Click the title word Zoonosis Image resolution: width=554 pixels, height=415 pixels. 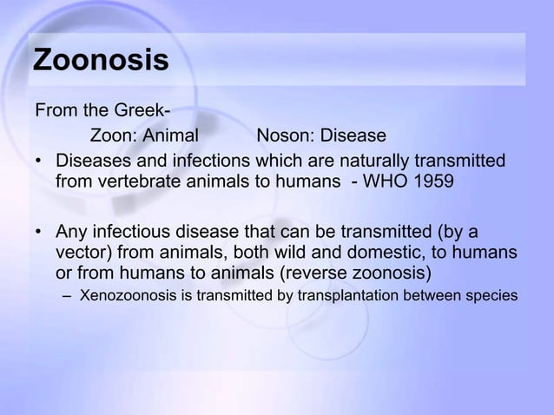[101, 63]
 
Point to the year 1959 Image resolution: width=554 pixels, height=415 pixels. [432, 182]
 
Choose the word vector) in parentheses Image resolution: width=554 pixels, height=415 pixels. [86, 253]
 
